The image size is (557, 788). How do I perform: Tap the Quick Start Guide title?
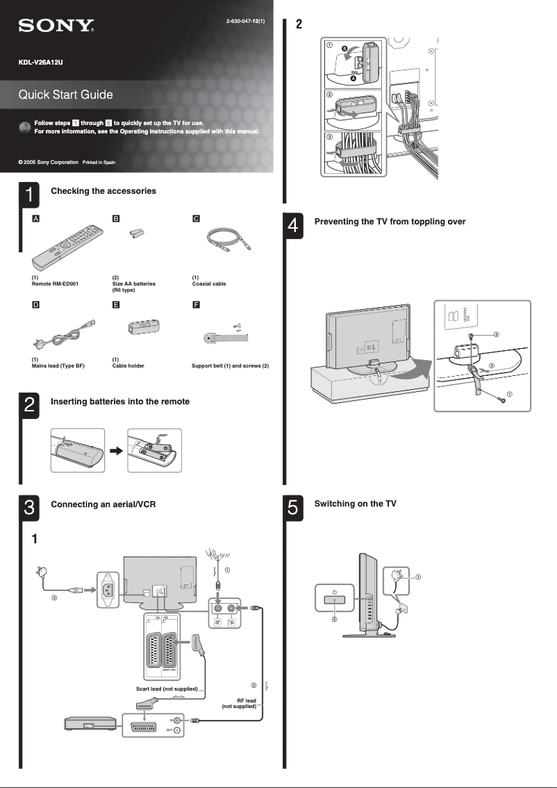click(x=65, y=95)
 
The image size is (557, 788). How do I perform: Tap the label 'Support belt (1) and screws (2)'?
click(x=230, y=366)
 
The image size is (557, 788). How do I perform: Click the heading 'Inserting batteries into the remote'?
click(x=120, y=402)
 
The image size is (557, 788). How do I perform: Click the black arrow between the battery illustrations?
click(x=116, y=450)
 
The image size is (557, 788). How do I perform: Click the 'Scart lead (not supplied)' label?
click(x=167, y=689)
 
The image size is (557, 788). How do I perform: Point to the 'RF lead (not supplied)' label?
click(x=240, y=703)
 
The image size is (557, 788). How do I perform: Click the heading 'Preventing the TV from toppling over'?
click(x=390, y=222)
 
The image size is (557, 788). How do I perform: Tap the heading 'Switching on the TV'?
click(x=355, y=504)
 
